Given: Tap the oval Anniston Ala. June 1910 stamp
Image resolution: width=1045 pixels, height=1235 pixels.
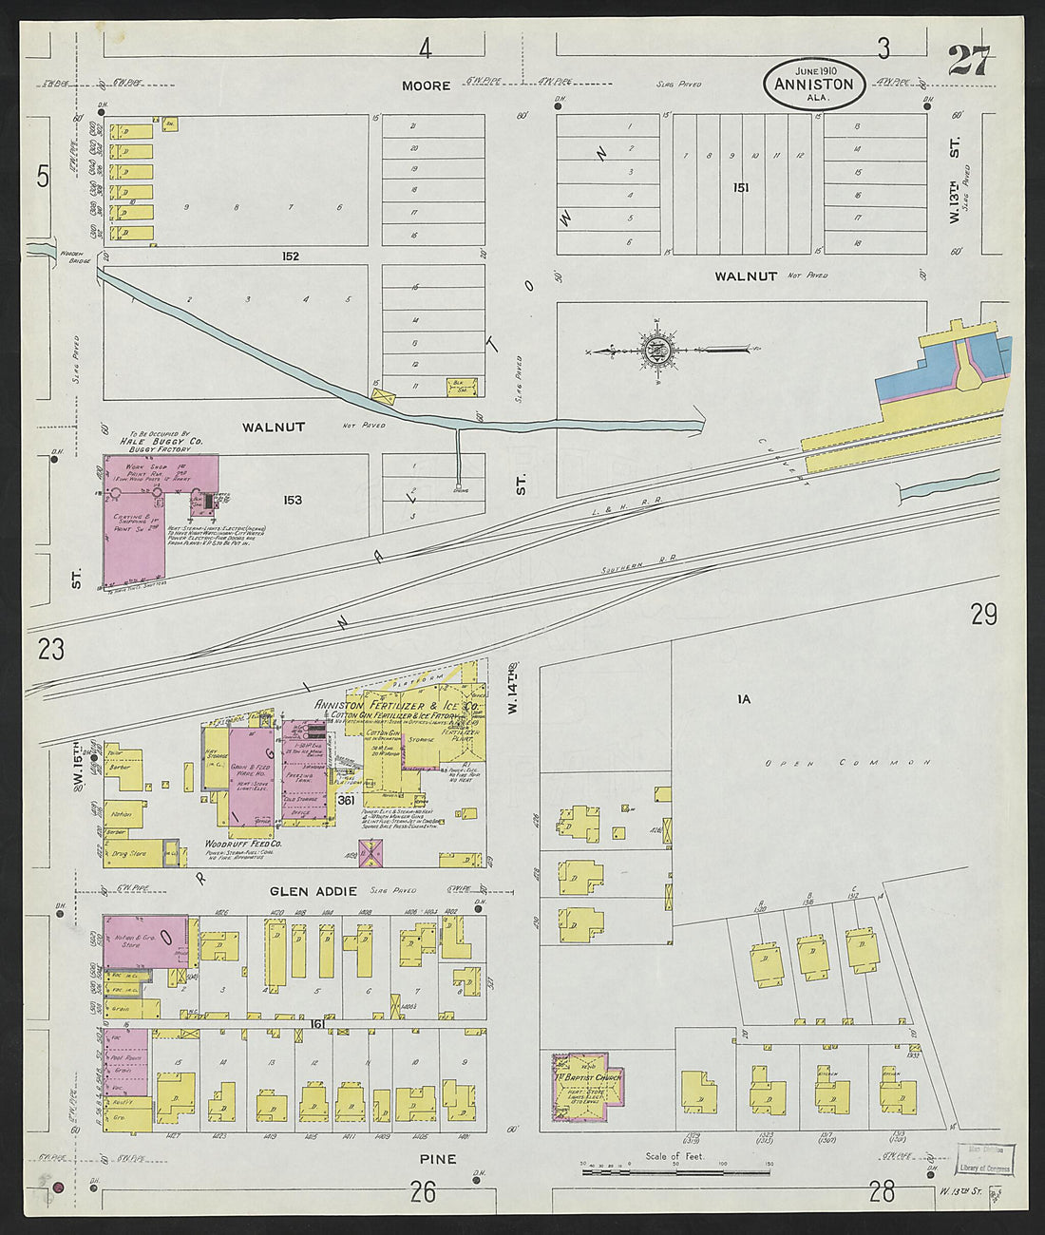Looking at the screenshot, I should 814,84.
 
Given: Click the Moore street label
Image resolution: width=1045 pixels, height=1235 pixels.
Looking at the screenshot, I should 426,85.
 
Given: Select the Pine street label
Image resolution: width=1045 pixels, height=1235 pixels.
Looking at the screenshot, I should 437,1158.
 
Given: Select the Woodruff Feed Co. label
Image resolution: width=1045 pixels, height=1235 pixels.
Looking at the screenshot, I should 243,844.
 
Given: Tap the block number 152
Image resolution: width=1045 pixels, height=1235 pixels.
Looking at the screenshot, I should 290,256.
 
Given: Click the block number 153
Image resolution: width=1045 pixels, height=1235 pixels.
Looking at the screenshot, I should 292,500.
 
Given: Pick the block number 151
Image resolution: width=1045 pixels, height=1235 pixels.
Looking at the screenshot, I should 740,188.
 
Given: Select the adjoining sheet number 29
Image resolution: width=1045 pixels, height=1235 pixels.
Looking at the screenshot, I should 983,616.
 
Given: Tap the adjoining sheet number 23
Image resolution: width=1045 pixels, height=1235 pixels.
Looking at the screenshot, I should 50,650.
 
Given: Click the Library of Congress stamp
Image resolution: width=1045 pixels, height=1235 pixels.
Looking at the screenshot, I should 985,1161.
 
